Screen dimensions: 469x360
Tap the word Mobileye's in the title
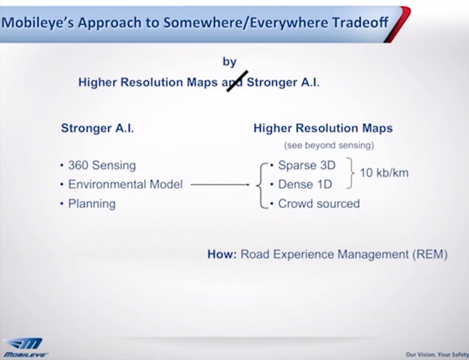(x=38, y=23)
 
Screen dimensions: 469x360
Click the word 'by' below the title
(x=230, y=62)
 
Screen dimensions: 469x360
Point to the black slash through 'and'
(x=237, y=81)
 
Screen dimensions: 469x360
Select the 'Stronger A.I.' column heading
(x=98, y=128)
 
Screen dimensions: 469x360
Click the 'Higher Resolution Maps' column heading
(x=323, y=128)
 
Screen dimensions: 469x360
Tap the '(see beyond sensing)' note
(x=329, y=145)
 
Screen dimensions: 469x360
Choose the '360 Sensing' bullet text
(x=102, y=165)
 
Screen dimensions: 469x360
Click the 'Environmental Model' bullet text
(x=125, y=184)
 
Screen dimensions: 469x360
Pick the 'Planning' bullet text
(x=92, y=204)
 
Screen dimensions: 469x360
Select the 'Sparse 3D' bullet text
(x=307, y=165)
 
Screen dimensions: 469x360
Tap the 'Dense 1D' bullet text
(x=305, y=184)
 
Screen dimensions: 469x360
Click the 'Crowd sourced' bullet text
(x=319, y=204)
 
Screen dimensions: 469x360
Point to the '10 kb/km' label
(x=384, y=173)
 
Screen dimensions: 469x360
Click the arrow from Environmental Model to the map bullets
(x=220, y=184)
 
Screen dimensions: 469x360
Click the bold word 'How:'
(x=222, y=254)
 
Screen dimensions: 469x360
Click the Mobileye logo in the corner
(x=25, y=348)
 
